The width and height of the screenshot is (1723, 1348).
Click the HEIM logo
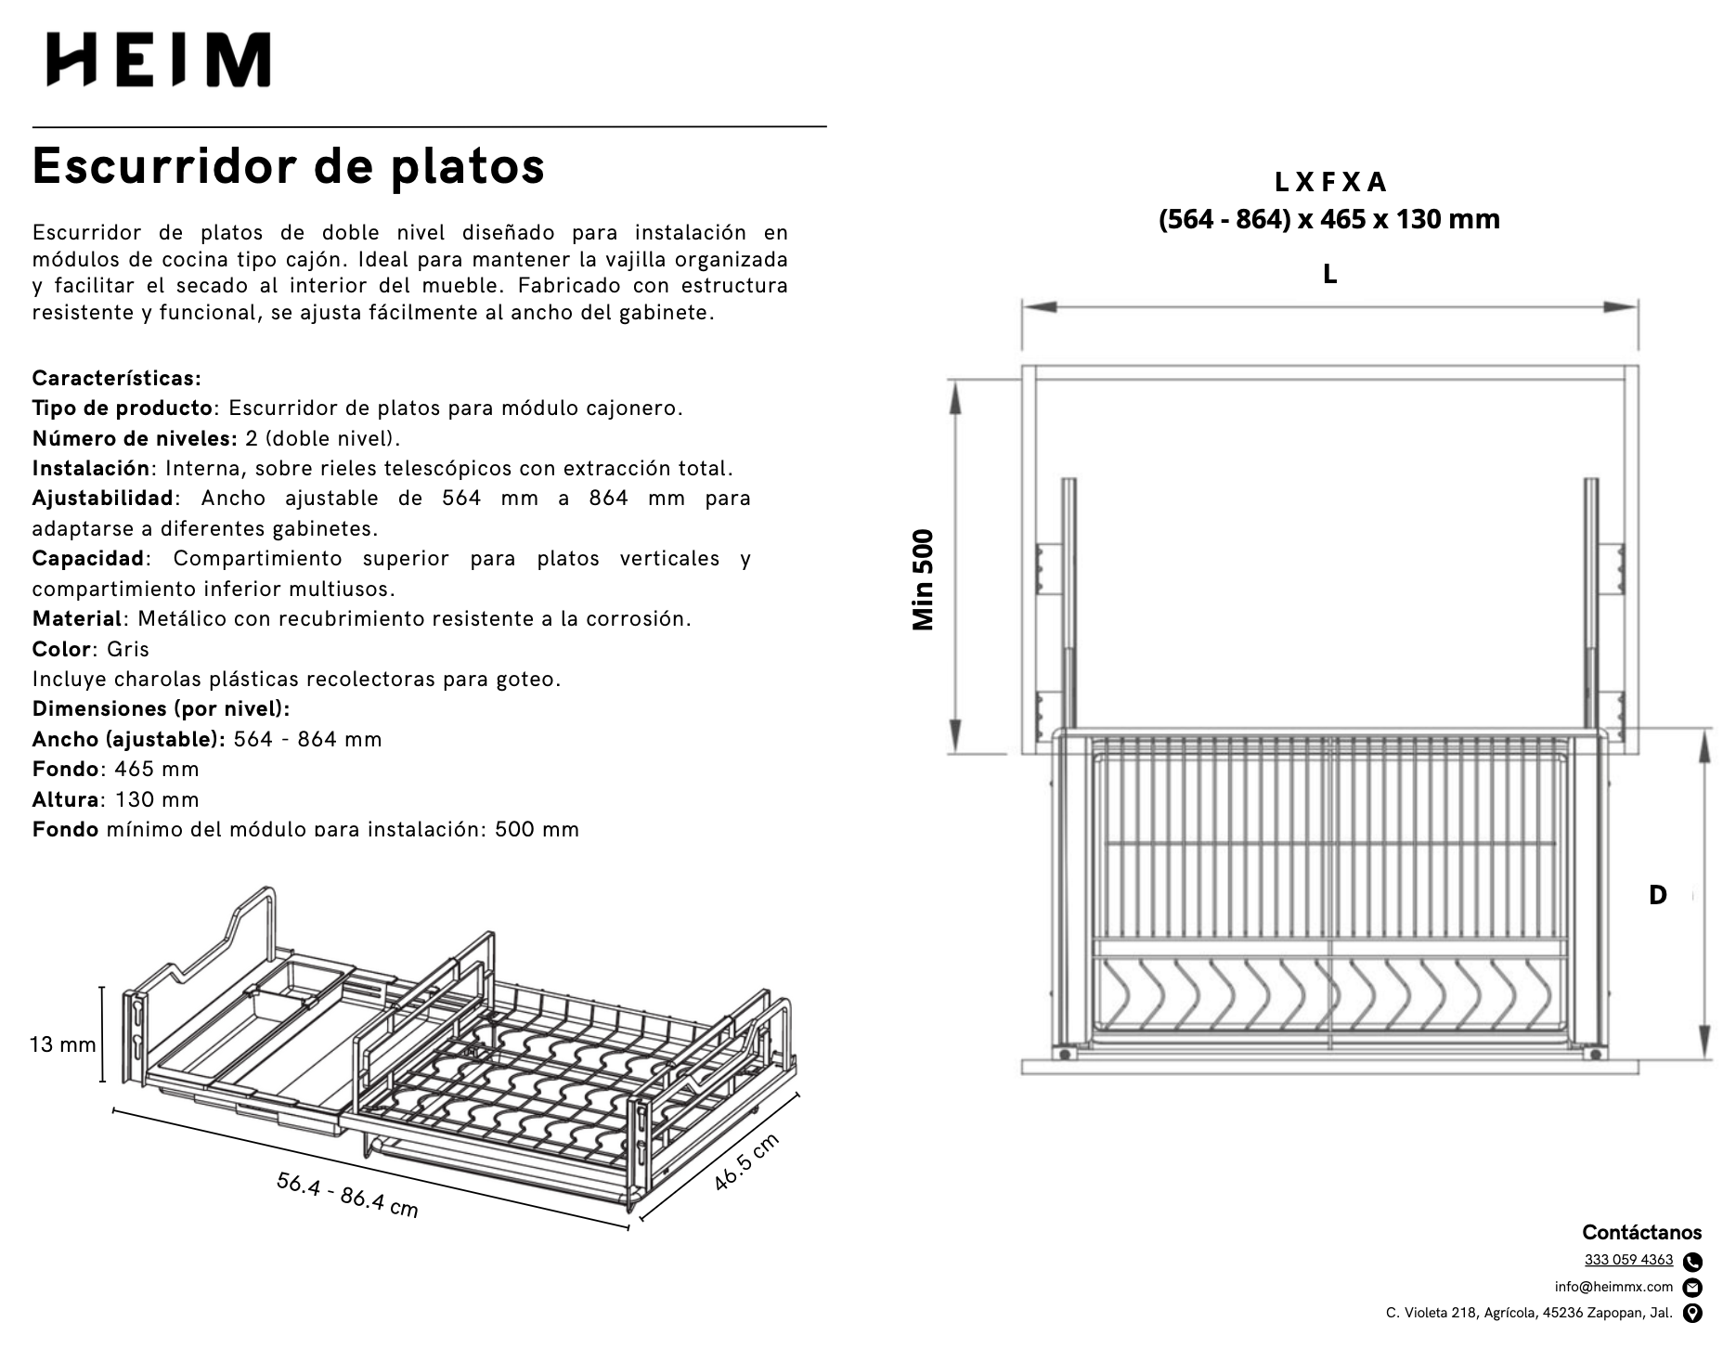[x=159, y=60]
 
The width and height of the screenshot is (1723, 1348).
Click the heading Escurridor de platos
[x=289, y=166]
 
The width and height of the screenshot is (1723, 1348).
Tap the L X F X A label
[x=1329, y=181]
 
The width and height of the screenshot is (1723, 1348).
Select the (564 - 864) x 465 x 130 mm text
[x=1329, y=219]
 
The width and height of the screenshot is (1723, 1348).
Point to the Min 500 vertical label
[x=924, y=580]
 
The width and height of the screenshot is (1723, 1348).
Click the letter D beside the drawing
[x=1657, y=895]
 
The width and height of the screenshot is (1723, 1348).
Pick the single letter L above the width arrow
[x=1329, y=275]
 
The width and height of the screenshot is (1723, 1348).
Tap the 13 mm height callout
[x=63, y=1044]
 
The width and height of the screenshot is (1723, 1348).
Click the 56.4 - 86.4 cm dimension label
[x=347, y=1194]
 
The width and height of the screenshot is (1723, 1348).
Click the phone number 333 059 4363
[x=1628, y=1260]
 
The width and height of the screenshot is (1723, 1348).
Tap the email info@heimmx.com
[x=1613, y=1287]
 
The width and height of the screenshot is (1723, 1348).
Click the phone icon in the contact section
[x=1692, y=1262]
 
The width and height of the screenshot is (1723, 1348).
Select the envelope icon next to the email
[x=1692, y=1288]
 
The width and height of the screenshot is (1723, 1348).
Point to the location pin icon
[x=1692, y=1314]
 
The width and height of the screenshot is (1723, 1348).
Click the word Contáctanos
[x=1641, y=1232]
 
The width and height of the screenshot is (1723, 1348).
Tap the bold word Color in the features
[x=61, y=649]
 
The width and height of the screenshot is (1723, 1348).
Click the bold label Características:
[x=116, y=378]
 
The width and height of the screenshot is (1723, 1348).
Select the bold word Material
[x=77, y=618]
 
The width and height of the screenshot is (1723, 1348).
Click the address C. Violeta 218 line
[x=1528, y=1313]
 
